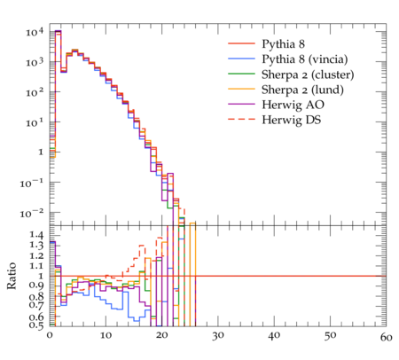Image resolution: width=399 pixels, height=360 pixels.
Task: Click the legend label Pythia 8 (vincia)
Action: tap(305, 59)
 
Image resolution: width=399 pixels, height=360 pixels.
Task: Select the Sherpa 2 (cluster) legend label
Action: tap(308, 74)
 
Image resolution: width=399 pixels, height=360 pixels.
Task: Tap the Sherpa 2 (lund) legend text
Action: tap(302, 90)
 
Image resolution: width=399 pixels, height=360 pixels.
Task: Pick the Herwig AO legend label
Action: tap(293, 105)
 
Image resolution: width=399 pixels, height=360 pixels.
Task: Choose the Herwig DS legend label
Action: tap(292, 120)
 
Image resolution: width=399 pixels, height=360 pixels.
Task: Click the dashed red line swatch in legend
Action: tap(241, 119)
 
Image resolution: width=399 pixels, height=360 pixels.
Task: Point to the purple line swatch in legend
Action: tap(241, 104)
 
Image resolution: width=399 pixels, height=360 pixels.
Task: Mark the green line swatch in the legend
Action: tap(241, 74)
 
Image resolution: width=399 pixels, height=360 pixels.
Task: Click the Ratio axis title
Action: tap(12, 276)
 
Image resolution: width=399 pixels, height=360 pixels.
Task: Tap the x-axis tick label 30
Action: tap(218, 336)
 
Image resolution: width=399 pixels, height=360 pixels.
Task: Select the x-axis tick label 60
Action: tap(387, 337)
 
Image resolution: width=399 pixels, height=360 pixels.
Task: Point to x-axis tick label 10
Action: tap(106, 336)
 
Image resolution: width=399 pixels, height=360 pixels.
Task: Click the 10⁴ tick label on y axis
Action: tap(35, 31)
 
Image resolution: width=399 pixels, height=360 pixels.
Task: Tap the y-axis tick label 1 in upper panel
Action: tap(41, 153)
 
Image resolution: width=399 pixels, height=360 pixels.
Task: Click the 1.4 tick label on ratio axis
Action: tap(36, 235)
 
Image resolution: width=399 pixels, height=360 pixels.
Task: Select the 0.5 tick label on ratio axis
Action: tap(36, 325)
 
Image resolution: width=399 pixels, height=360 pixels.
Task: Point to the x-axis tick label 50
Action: tap(330, 336)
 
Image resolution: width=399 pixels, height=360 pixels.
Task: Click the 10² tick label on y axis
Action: tap(35, 92)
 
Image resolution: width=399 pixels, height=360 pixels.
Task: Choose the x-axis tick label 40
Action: tap(274, 336)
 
